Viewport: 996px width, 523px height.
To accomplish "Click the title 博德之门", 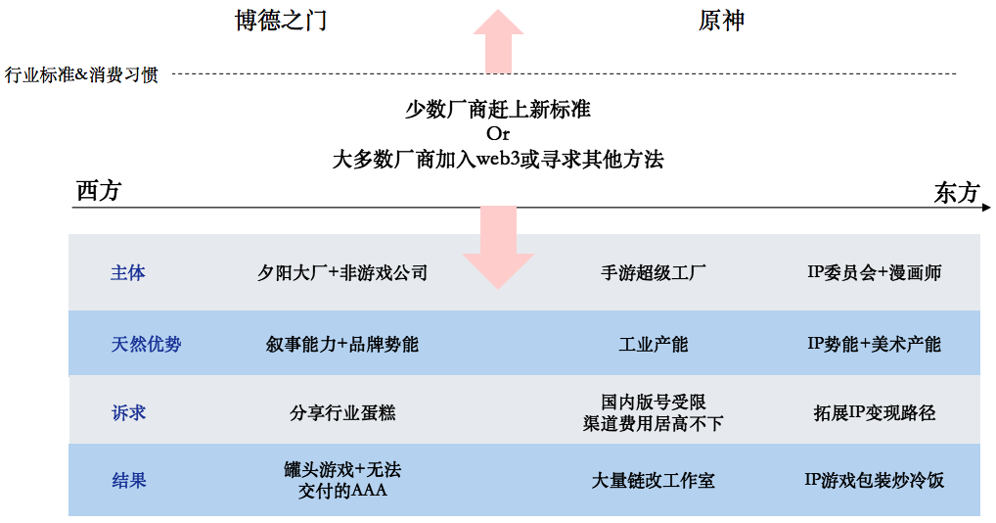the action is click(281, 21).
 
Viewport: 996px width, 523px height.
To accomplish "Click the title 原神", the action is click(721, 21).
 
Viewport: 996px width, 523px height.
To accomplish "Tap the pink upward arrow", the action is click(499, 41).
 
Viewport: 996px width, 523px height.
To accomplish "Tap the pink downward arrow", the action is click(499, 247).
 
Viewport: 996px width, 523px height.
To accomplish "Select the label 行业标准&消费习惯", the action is click(81, 75).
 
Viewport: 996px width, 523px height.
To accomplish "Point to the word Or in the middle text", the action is click(498, 133).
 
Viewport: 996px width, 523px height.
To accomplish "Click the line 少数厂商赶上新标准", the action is click(498, 110).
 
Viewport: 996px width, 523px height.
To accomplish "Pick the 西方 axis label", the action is click(99, 191).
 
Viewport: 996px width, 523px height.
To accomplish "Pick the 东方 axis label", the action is click(956, 192).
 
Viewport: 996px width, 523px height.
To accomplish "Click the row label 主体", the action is click(127, 272).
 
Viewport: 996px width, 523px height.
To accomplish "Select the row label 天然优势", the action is click(146, 345).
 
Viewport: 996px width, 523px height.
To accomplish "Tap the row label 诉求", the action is click(129, 413).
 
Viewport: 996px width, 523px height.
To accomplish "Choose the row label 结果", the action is click(129, 481).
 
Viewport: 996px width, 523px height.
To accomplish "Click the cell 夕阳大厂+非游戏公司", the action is click(342, 272).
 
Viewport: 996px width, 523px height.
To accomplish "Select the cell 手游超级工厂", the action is click(653, 272).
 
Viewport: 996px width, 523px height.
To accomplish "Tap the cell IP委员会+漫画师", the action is click(874, 272).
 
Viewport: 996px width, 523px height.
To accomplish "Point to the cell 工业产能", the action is click(653, 345).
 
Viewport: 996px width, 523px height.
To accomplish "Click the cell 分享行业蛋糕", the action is click(342, 413).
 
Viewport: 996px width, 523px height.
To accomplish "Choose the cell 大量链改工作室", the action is click(653, 481).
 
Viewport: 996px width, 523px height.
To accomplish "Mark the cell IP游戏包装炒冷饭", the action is click(874, 480).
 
